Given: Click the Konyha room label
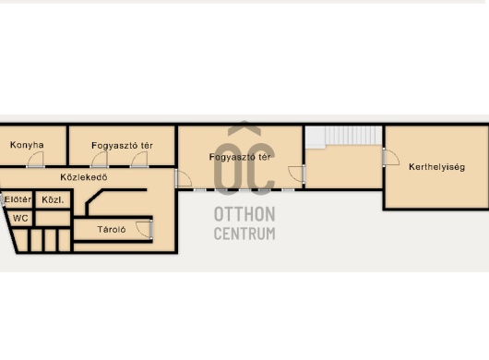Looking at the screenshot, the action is coord(27,145).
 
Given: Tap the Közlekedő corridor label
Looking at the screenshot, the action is coord(84,177).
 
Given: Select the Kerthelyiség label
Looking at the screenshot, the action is coord(436,167).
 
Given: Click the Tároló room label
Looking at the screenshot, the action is coord(112,230).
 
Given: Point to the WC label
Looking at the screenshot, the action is coord(20,218).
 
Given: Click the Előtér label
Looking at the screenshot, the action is coord(18,199).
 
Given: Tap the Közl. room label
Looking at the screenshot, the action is coord(53,199).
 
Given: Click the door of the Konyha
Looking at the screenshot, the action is coord(35,160).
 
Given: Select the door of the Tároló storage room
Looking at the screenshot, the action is coord(144,230).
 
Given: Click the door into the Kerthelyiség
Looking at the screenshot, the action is coord(391,157).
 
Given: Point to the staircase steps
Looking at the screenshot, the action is coord(353,135).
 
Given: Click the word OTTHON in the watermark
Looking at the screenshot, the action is coord(244,214).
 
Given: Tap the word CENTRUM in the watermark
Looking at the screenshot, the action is coord(244,234).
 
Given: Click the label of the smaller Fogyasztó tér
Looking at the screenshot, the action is coord(122,146).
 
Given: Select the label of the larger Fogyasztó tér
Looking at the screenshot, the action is coord(240,157).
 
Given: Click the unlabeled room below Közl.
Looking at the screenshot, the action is coord(53,218).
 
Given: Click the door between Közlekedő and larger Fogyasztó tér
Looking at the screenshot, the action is coord(183,178).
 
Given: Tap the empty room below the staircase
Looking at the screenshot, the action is coord(343,167).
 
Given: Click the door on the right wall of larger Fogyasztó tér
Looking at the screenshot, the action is coord(296,174).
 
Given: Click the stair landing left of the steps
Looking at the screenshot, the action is coord(315,137).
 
